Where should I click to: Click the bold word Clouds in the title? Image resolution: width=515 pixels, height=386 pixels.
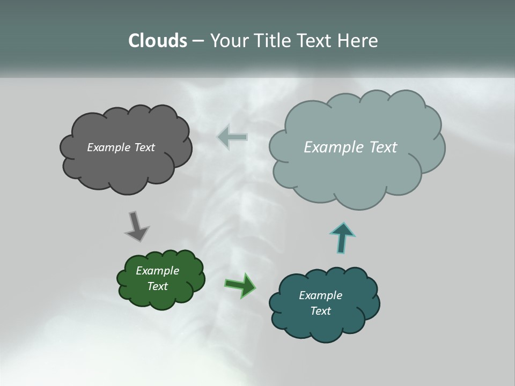157,41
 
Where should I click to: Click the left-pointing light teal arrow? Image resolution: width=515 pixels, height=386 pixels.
232,137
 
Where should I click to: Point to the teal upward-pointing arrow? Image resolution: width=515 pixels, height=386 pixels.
342,237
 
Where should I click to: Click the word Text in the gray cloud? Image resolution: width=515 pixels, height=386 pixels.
144,147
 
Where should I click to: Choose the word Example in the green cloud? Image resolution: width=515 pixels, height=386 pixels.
157,271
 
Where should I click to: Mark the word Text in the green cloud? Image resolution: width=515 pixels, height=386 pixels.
157,286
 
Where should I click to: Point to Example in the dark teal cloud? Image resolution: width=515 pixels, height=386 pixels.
320,295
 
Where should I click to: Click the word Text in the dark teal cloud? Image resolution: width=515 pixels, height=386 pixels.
320,311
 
